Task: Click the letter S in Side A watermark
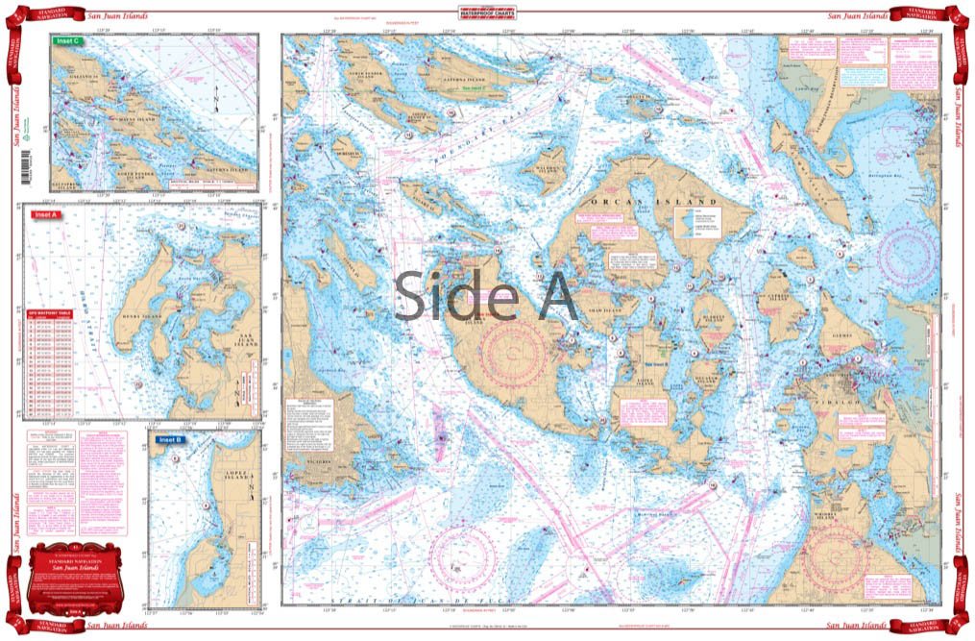click(x=412, y=295)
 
